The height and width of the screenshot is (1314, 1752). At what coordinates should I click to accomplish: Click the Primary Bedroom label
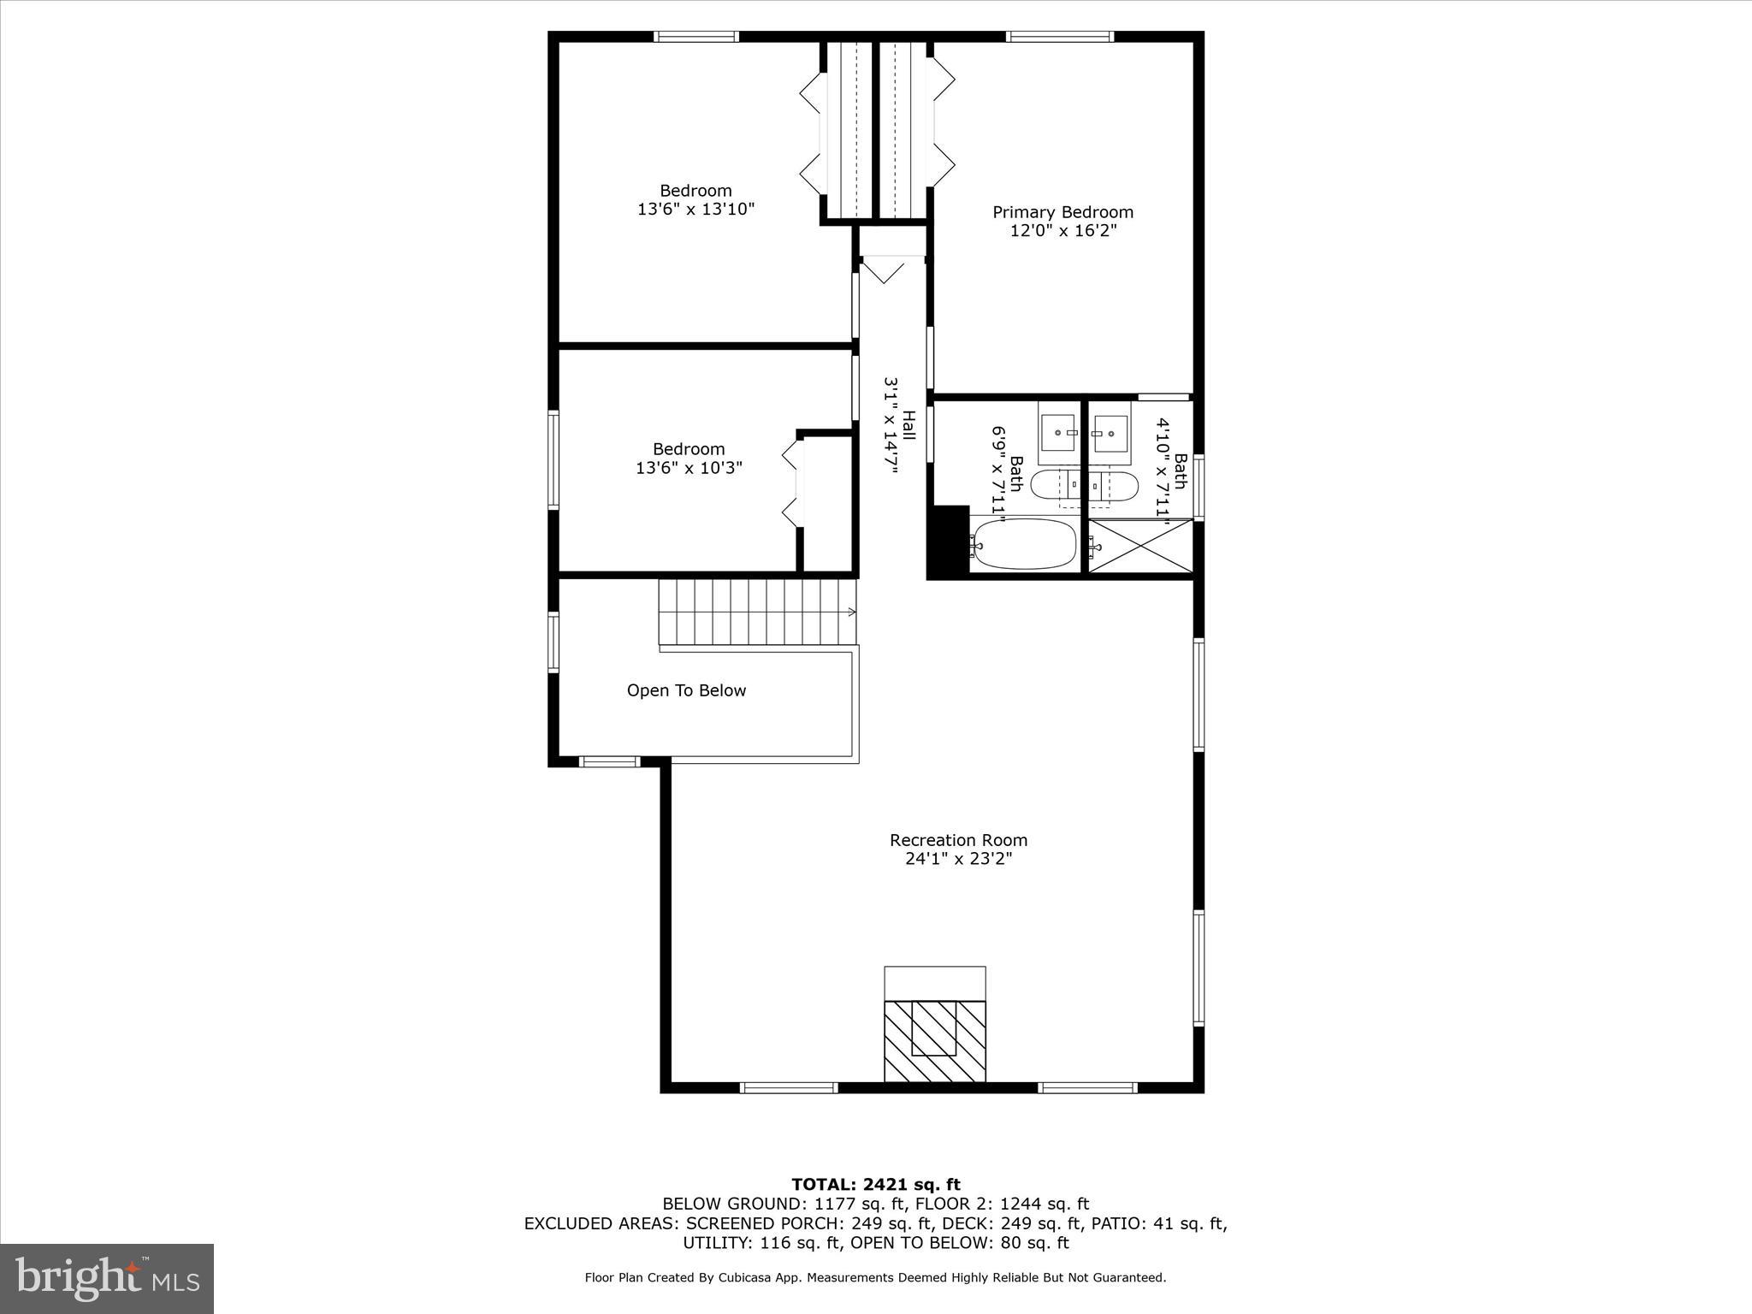(1062, 212)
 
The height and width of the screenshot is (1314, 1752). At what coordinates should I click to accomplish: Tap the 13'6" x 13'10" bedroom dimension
(695, 209)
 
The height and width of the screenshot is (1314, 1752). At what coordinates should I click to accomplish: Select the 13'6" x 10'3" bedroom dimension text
(689, 468)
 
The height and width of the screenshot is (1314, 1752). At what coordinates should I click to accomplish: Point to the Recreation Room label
(958, 840)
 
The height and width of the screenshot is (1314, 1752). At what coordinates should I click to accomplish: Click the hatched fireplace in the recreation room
(934, 1040)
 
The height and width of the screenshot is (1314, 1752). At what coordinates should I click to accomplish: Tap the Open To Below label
(686, 690)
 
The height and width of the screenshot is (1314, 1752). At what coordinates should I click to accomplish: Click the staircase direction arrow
(850, 612)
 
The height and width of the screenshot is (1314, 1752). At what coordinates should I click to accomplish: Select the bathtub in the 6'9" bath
(1024, 544)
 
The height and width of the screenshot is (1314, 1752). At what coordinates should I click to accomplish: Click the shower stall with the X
(1141, 546)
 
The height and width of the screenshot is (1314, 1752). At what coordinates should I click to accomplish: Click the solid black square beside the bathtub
(948, 542)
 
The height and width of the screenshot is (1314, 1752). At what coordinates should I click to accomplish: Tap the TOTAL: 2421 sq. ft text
(875, 1185)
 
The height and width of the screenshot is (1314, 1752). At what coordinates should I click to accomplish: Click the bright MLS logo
(107, 1278)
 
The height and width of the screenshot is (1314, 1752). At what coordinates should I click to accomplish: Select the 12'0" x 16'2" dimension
(1062, 231)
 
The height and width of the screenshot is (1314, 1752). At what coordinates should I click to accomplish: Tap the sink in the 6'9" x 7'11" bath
(1061, 434)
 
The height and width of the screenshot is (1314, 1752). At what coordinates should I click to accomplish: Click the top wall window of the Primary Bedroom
(1059, 37)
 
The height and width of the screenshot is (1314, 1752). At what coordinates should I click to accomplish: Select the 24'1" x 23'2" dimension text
(958, 859)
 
